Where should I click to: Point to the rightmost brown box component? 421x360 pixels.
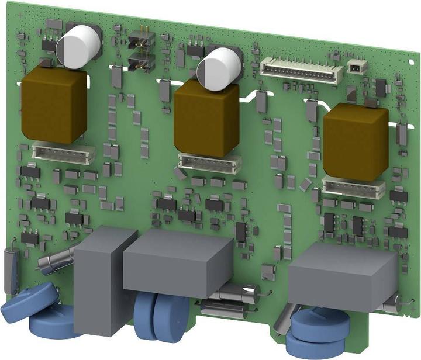(355, 143)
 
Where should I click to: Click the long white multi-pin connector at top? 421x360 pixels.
(301, 71)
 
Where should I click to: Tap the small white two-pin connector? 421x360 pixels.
(357, 67)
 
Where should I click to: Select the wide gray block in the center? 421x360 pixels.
(178, 259)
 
